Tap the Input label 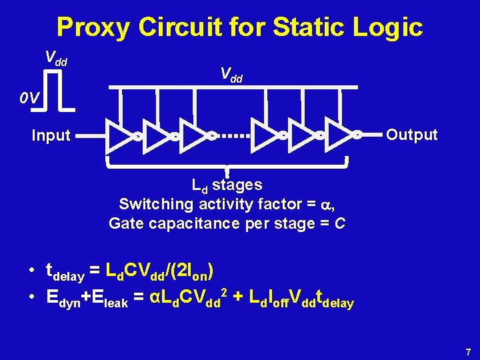[x=51, y=135]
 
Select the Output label [x=412, y=135]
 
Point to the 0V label [x=29, y=99]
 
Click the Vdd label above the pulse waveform [x=56, y=58]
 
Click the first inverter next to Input [x=118, y=135]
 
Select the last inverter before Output [x=339, y=135]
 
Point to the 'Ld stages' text [x=227, y=185]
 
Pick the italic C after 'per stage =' [x=340, y=223]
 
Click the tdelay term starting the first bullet [x=64, y=271]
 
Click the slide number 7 [x=469, y=351]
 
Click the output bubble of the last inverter [x=357, y=135]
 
